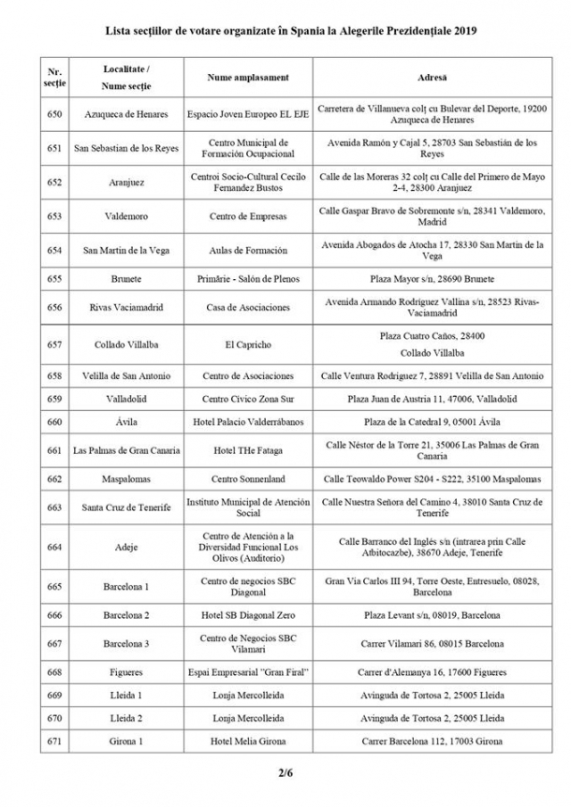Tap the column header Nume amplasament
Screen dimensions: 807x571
[x=248, y=77]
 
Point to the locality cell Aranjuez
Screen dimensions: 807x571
[x=126, y=183]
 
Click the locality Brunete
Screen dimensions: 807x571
[x=126, y=279]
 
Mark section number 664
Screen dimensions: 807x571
[x=54, y=547]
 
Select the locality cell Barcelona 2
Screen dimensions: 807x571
[x=126, y=615]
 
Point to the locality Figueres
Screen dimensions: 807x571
[x=126, y=672]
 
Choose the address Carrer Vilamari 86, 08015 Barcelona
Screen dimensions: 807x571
[x=432, y=644]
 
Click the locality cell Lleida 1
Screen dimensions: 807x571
[x=126, y=696]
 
